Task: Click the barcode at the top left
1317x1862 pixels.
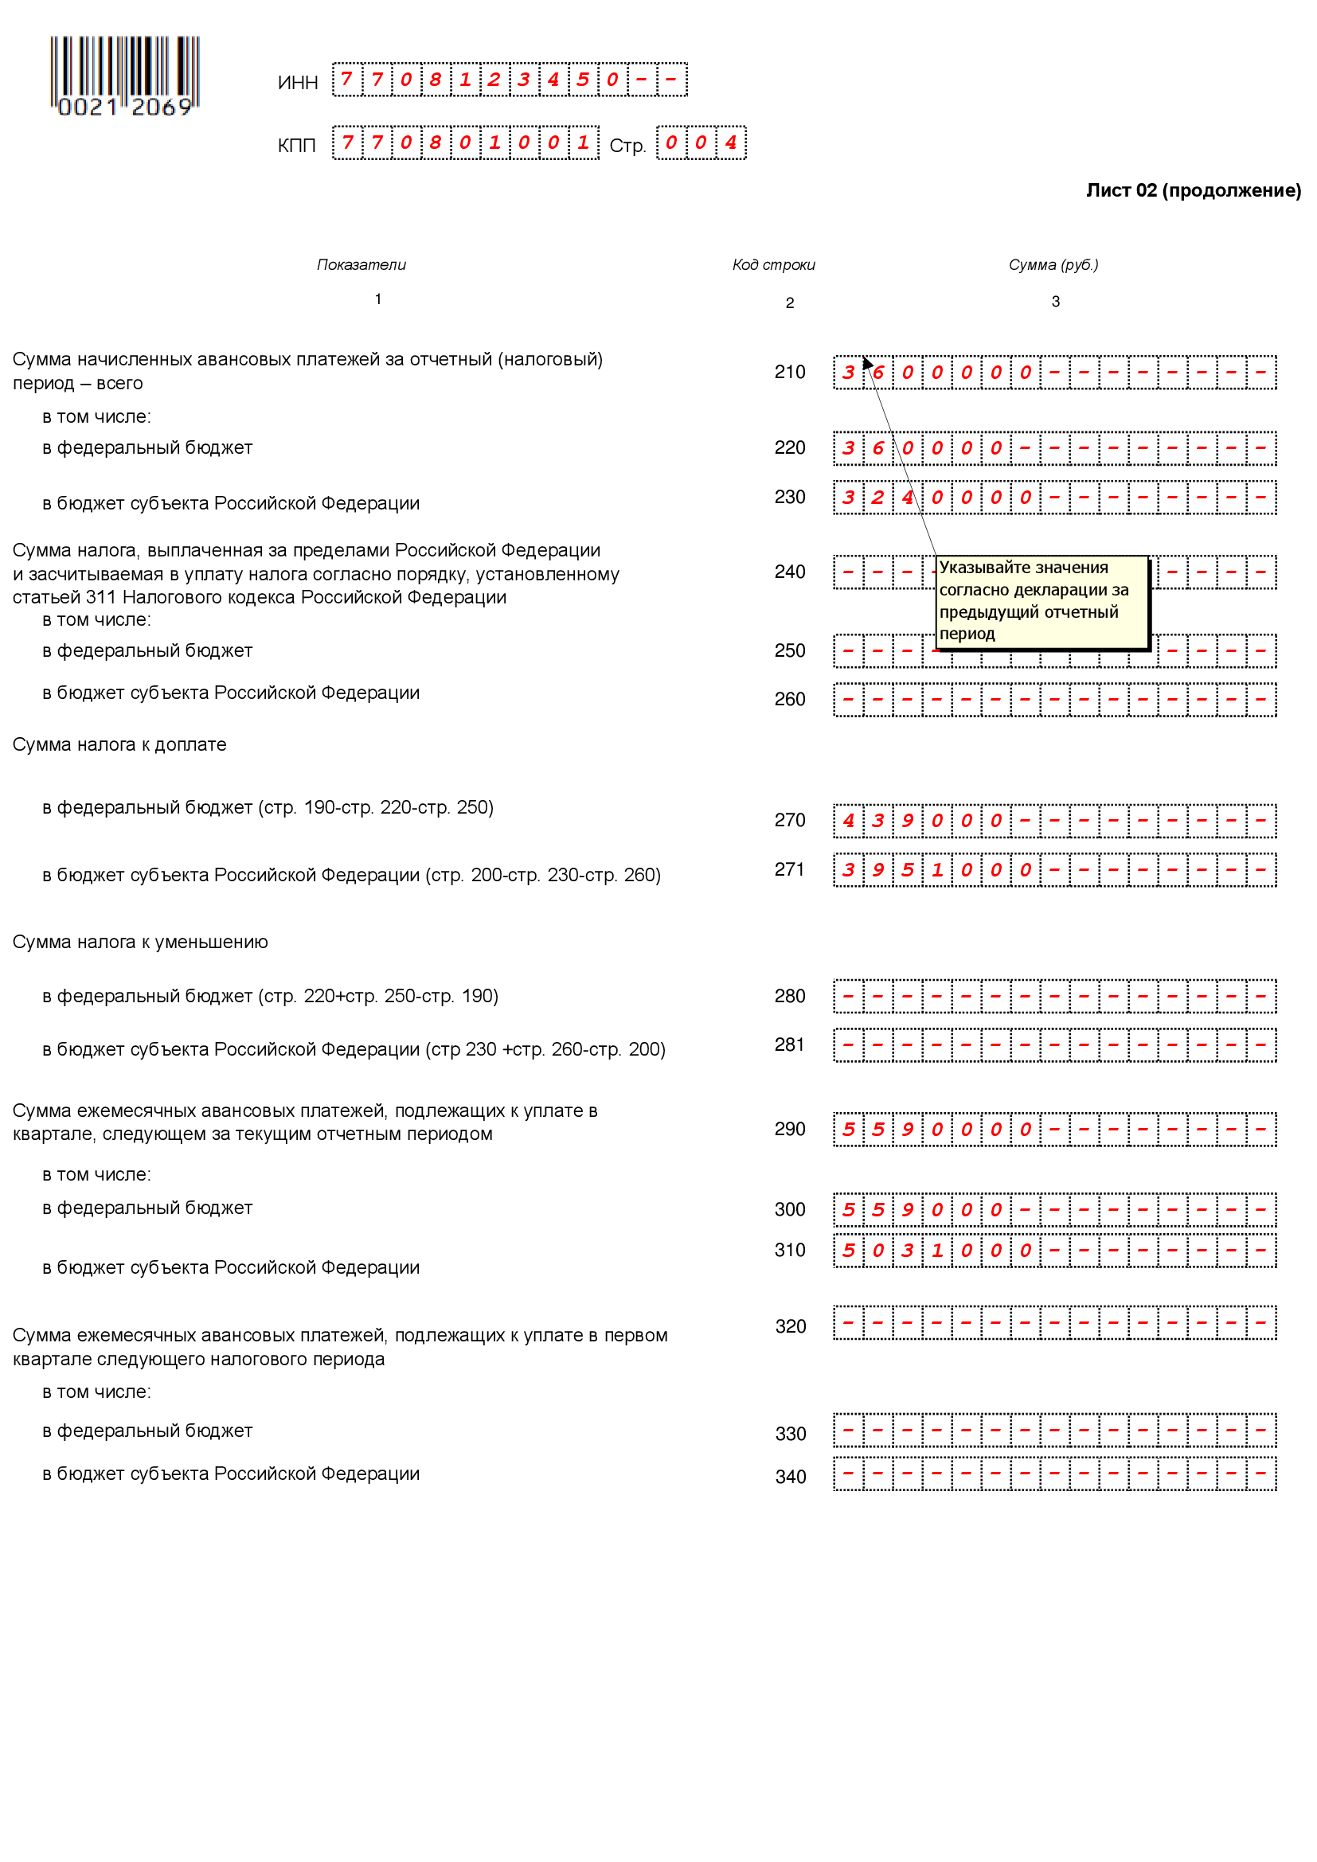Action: (x=124, y=76)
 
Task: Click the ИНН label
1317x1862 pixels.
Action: (x=298, y=83)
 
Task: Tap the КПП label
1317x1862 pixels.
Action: (x=296, y=146)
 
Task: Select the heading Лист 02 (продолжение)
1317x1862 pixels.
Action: (x=1193, y=190)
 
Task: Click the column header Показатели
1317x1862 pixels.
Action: (x=361, y=265)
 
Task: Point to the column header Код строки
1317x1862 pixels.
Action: (x=773, y=265)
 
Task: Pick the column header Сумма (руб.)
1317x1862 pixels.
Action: (x=1053, y=265)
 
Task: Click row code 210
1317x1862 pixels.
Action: (x=789, y=373)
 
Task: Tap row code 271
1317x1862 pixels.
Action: (x=788, y=869)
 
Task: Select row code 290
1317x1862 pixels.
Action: (x=789, y=1129)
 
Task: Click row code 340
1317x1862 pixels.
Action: (x=790, y=1477)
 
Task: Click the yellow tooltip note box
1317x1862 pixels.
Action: (x=1042, y=601)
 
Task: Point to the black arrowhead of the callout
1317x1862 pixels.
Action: (x=867, y=361)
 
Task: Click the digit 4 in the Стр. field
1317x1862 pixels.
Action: (x=731, y=142)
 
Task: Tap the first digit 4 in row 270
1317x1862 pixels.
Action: (x=848, y=821)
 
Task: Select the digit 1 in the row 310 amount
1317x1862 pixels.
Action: (x=936, y=1251)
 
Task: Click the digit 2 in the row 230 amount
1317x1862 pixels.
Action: (x=877, y=497)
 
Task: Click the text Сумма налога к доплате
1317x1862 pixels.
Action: (x=119, y=744)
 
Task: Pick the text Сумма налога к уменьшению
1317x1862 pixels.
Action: (x=139, y=943)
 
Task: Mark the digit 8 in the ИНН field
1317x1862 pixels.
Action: (x=436, y=80)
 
